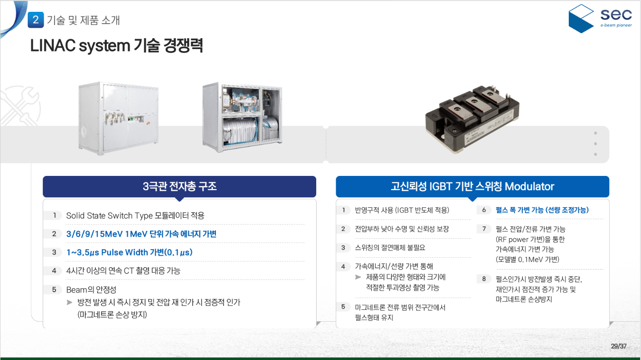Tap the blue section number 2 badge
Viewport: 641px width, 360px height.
36,20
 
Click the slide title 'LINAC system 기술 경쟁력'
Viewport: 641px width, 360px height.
116,46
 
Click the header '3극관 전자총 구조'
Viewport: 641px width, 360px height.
179,186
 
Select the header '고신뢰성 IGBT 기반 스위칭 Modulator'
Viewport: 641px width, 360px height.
472,186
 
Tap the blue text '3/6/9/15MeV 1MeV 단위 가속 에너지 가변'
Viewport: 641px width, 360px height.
141,234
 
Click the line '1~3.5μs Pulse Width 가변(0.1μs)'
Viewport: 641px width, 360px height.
129,252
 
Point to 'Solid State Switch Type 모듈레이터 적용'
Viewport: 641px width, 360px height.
135,215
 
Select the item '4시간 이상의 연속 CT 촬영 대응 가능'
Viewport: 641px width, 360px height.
123,270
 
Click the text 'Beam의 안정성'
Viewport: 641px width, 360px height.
91,289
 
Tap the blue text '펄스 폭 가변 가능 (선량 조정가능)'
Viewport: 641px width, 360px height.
542,210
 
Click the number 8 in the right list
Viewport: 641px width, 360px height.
484,279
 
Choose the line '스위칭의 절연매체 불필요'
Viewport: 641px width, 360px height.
390,248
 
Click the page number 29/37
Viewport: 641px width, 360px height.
618,346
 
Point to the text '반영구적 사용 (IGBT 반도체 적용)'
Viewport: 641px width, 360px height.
402,210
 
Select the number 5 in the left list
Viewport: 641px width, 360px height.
54,289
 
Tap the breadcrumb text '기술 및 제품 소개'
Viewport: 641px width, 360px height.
84,20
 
